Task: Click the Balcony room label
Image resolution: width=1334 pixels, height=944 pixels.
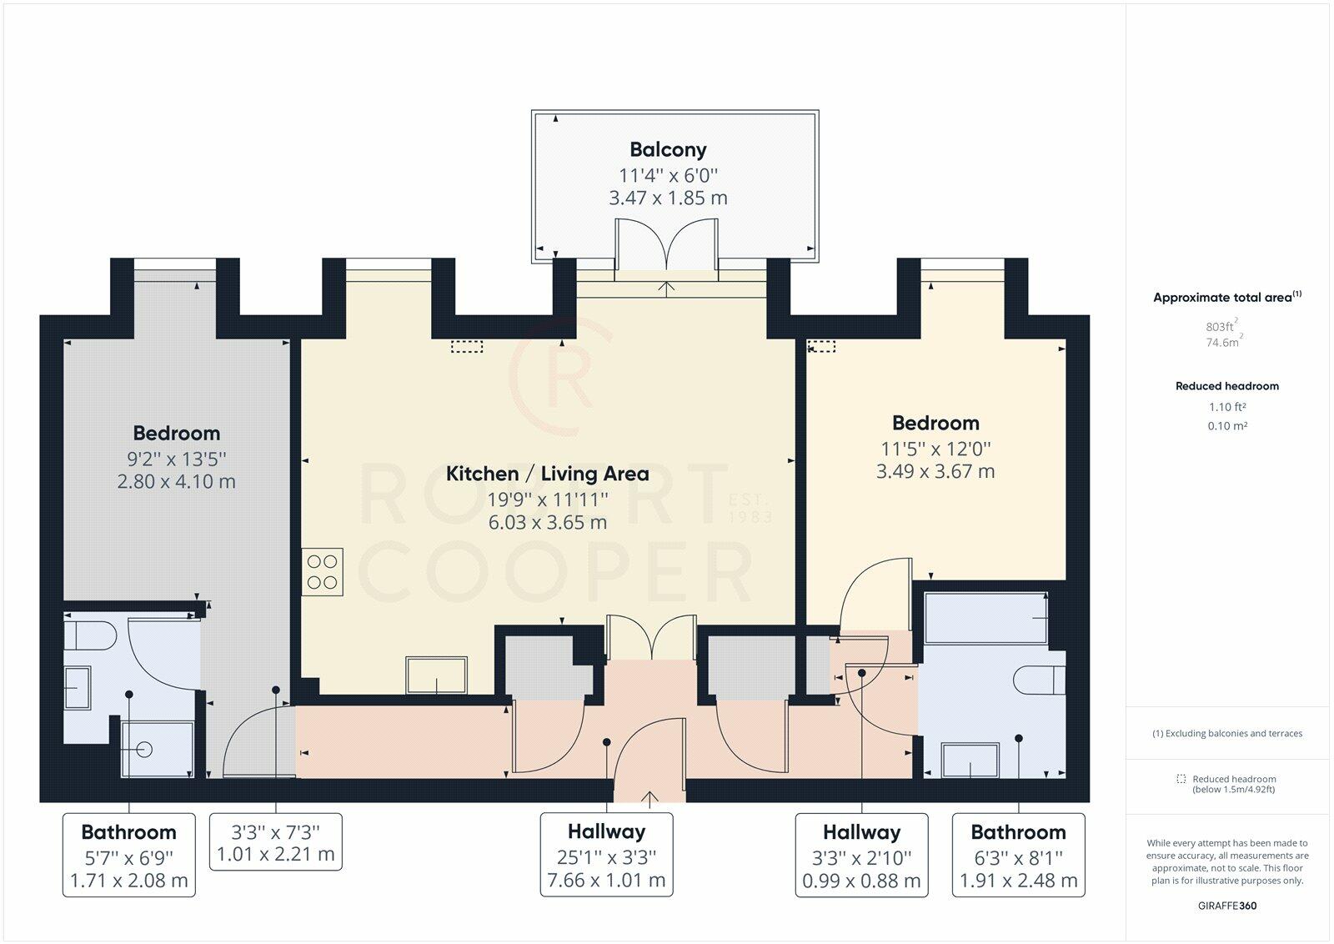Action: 668,149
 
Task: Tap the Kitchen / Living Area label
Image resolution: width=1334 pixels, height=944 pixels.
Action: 547,474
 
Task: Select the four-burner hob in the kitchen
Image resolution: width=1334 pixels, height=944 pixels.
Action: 322,572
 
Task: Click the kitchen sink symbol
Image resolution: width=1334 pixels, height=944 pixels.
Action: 437,675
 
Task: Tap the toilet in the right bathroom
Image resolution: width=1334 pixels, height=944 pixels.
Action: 1039,680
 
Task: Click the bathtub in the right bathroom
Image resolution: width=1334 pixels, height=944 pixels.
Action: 985,618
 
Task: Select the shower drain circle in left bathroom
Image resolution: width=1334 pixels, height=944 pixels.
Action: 144,750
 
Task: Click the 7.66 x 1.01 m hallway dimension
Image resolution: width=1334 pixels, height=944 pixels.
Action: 606,881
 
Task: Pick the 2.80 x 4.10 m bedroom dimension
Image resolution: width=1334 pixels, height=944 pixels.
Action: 176,481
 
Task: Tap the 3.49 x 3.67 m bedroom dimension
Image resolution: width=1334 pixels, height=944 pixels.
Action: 935,472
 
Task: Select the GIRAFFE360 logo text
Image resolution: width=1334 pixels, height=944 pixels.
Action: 1226,906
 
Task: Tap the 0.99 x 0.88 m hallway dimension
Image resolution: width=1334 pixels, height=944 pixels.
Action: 861,881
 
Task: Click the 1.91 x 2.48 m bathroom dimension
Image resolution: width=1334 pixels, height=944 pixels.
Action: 1018,881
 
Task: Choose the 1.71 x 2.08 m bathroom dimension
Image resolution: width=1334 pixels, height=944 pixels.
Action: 128,881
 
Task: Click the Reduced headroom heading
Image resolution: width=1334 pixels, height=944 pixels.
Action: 1226,386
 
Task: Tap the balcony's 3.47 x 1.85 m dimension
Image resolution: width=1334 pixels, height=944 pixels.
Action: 668,198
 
